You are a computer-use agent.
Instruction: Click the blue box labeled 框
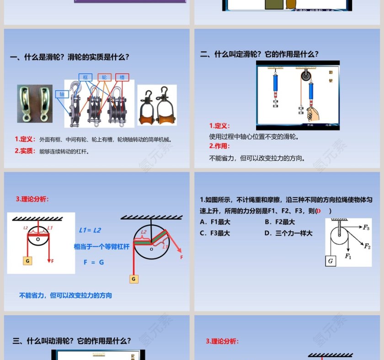pyautogui.click(x=85, y=78)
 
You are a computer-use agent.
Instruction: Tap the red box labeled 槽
pyautogui.click(x=122, y=78)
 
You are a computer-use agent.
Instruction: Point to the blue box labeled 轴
pyautogui.click(x=62, y=94)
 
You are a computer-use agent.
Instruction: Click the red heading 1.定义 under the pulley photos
pyautogui.click(x=25, y=139)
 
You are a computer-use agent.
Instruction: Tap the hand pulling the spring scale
pyautogui.click(x=312, y=113)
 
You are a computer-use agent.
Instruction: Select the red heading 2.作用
pyautogui.click(x=219, y=147)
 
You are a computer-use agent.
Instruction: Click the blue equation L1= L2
pyautogui.click(x=90, y=230)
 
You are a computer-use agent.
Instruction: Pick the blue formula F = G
pyautogui.click(x=94, y=262)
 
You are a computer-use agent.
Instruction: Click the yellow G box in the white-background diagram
pyautogui.click(x=27, y=261)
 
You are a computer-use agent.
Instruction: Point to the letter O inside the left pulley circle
pyautogui.click(x=38, y=238)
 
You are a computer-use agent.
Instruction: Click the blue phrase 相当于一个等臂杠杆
pyautogui.click(x=102, y=247)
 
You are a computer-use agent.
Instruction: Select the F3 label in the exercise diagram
pyautogui.click(x=366, y=227)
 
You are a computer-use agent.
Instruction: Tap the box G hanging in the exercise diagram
pyautogui.click(x=330, y=261)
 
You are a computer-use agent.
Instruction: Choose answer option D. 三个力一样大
pyautogui.click(x=288, y=233)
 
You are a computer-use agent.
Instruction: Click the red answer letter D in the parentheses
pyautogui.click(x=319, y=211)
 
